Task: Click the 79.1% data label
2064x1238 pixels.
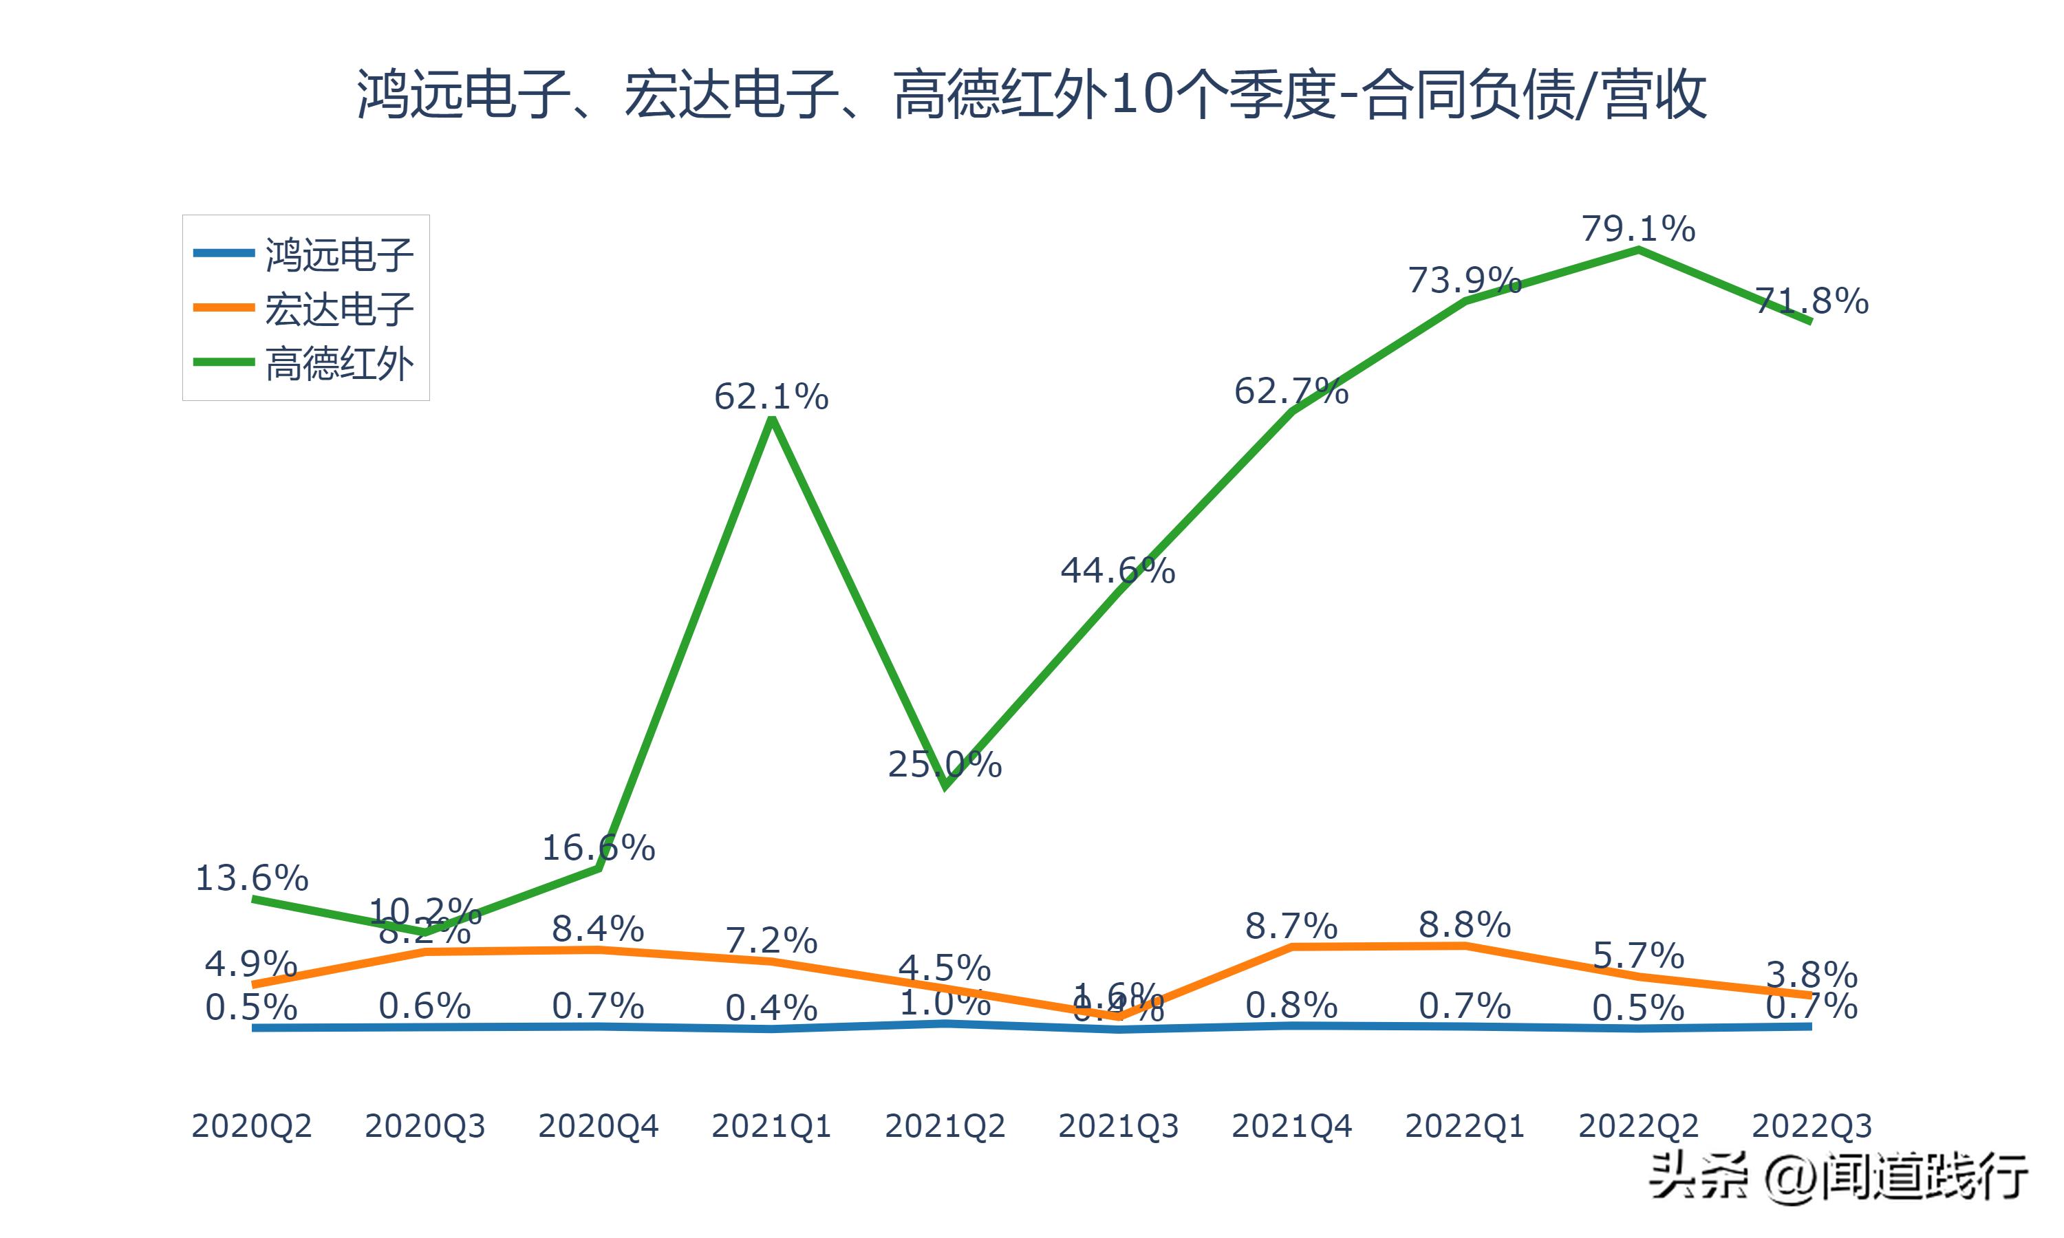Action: point(1637,228)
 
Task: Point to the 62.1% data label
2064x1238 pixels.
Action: point(771,396)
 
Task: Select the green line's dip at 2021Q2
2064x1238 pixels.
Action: point(945,785)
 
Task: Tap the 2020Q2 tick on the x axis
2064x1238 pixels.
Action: point(251,1126)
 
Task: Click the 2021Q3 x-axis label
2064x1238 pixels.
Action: point(1118,1126)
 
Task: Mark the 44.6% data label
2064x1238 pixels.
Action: point(1117,571)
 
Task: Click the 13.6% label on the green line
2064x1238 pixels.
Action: point(251,878)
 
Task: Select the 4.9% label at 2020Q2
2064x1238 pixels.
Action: point(251,964)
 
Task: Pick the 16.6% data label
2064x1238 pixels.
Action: point(598,849)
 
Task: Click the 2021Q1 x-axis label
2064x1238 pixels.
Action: point(771,1126)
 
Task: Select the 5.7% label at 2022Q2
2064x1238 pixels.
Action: point(1637,955)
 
